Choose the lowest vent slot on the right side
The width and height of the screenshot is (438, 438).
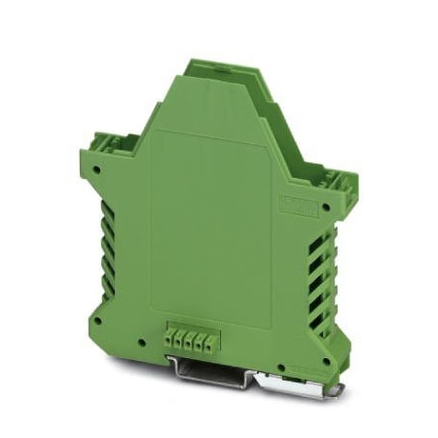pos(313,314)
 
